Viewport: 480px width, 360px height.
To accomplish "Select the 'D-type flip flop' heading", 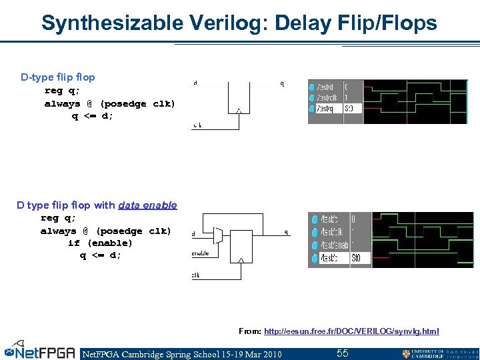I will tap(58, 77).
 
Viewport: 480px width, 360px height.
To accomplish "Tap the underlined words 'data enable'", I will tap(147, 205).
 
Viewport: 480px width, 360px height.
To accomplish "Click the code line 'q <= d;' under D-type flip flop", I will tap(93, 116).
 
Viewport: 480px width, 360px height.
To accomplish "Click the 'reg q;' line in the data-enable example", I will tap(59, 218).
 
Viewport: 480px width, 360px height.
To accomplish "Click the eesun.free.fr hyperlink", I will tap(351, 331).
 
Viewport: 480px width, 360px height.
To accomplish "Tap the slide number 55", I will tap(342, 353).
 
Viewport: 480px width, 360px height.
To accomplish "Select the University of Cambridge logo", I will tap(439, 353).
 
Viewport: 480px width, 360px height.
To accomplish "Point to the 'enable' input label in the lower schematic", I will tap(201, 253).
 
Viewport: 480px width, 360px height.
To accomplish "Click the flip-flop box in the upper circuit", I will tap(238, 97).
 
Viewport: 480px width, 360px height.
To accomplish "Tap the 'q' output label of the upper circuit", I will tap(282, 84).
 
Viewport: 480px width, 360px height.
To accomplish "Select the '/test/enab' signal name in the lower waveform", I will tap(331, 244).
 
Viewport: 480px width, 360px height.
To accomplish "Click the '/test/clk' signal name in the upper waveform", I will tap(326, 97).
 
